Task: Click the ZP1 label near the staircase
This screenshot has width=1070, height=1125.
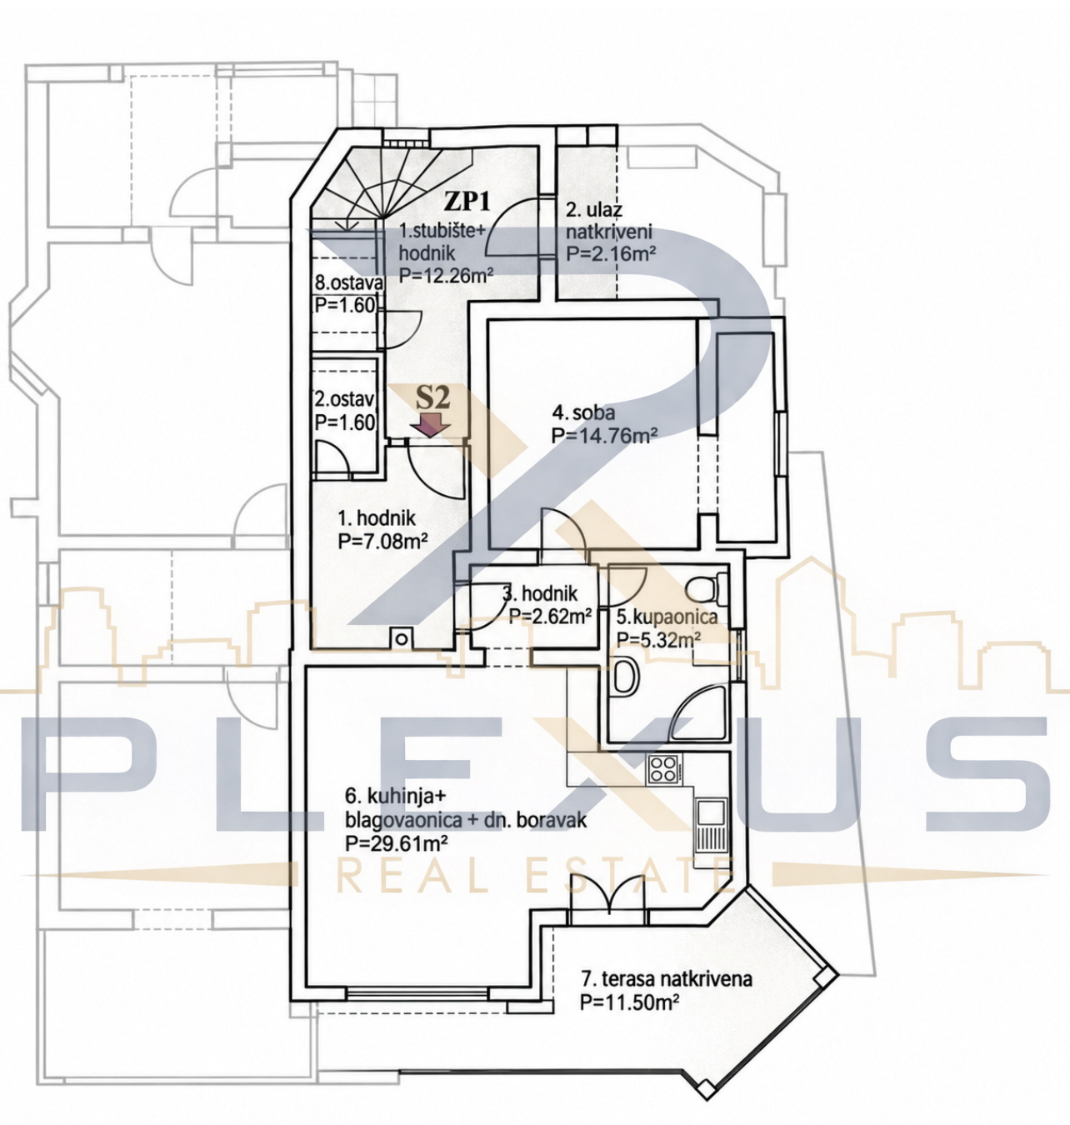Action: pyautogui.click(x=467, y=202)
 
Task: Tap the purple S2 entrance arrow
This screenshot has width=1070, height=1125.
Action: pyautogui.click(x=432, y=427)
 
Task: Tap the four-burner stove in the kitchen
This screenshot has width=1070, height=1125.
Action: pyautogui.click(x=664, y=770)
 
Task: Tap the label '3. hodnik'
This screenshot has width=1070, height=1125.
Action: pyautogui.click(x=540, y=594)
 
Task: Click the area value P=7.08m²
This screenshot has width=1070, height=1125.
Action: pyautogui.click(x=382, y=540)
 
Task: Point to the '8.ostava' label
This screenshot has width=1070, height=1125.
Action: pyautogui.click(x=348, y=282)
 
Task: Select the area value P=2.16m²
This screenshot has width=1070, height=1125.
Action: pyautogui.click(x=611, y=253)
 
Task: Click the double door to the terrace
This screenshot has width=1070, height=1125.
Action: pyautogui.click(x=608, y=896)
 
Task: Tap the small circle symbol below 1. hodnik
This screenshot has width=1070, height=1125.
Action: pyautogui.click(x=402, y=638)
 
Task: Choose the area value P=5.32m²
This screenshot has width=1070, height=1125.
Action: pyautogui.click(x=658, y=638)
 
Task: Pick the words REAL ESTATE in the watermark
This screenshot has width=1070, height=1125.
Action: pyautogui.click(x=533, y=876)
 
